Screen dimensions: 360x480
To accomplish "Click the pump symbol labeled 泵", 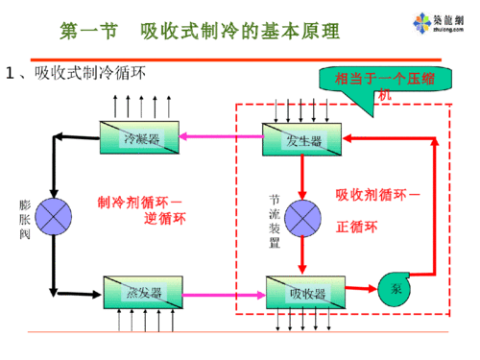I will coord(396,288).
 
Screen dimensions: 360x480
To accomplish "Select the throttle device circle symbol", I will coord(303,217).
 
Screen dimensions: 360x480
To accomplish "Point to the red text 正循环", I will coord(357,228).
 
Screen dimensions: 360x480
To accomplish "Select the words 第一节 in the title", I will coord(87,30).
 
